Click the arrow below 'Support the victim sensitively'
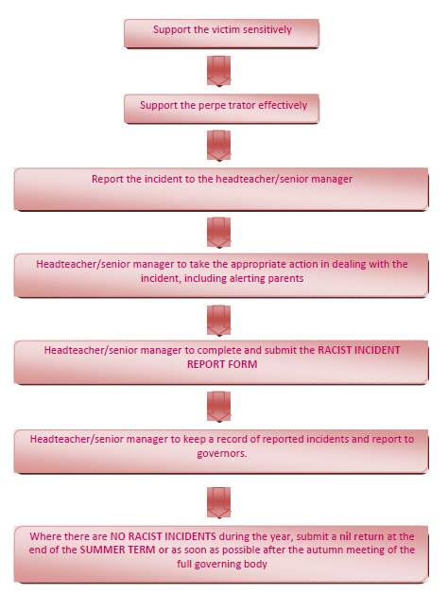219,71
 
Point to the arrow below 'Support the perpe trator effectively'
219,146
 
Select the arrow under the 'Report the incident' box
219,233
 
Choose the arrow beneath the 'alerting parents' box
219,321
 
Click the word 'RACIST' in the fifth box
334,350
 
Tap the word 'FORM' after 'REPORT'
245,364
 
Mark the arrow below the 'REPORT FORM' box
219,407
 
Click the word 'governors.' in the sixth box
222,453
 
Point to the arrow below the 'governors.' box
219,502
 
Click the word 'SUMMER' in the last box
98,550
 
